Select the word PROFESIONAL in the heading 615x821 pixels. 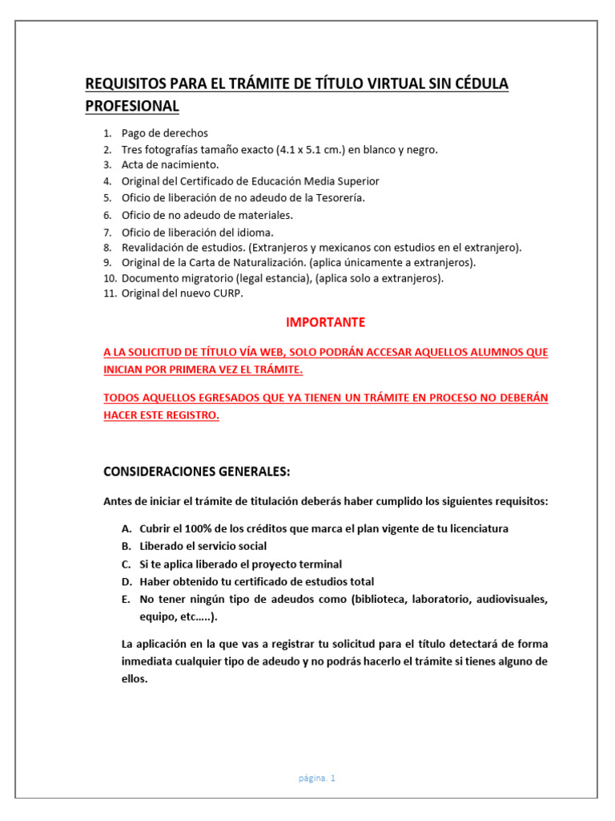click(132, 106)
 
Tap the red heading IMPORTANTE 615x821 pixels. click(326, 322)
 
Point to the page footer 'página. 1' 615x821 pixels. click(318, 778)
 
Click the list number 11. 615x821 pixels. click(110, 293)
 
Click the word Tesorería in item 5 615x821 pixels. click(337, 197)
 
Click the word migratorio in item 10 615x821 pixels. click(200, 278)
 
